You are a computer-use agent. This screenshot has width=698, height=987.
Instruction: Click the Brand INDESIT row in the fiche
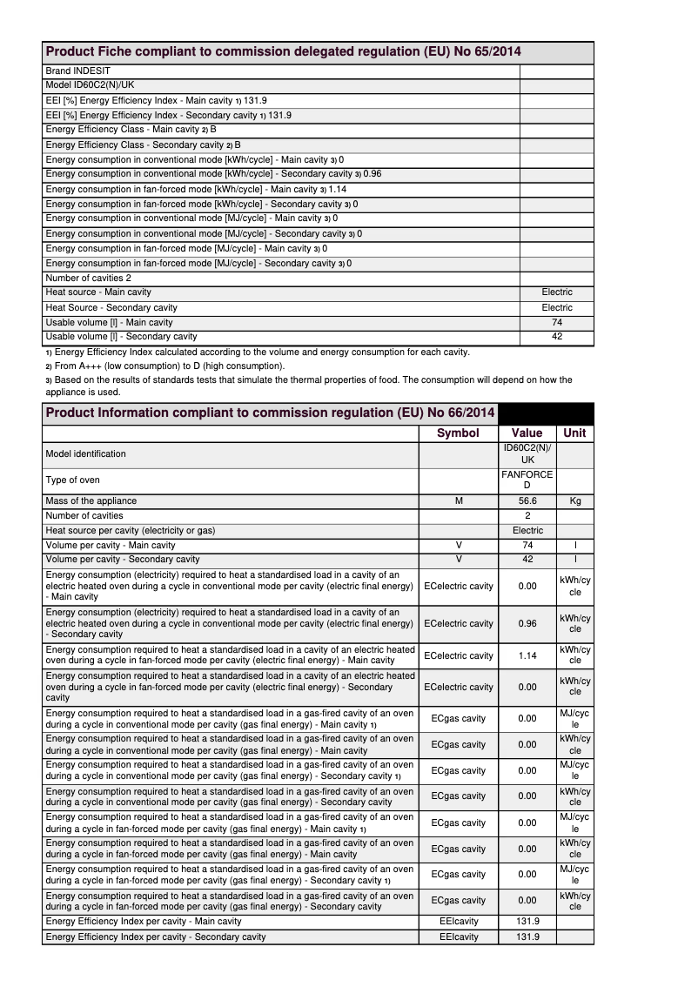[x=78, y=70]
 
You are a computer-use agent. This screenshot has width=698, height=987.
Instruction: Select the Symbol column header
[x=458, y=433]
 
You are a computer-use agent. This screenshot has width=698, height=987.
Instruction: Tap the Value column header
[x=527, y=433]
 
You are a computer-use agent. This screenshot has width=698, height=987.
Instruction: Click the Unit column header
[x=574, y=433]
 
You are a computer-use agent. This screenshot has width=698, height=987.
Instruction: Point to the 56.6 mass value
[x=527, y=501]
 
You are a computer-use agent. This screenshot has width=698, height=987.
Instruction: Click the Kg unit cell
[x=574, y=501]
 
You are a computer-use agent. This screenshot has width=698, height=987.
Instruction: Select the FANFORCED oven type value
[x=527, y=480]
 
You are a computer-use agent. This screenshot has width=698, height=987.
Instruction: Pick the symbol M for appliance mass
[x=458, y=501]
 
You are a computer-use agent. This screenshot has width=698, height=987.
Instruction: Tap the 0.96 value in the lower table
[x=527, y=623]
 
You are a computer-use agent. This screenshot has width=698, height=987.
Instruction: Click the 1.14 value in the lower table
[x=527, y=655]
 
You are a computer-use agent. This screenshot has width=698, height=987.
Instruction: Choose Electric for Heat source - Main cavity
[x=557, y=292]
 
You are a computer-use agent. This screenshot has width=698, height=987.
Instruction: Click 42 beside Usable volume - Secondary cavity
[x=557, y=337]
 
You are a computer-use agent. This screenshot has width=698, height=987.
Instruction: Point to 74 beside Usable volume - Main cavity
[x=557, y=322]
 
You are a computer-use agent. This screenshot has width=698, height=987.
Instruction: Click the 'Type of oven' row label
[x=72, y=480]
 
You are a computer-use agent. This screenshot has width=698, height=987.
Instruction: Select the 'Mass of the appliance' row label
[x=91, y=501]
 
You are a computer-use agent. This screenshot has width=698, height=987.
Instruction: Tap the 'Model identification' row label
[x=85, y=453]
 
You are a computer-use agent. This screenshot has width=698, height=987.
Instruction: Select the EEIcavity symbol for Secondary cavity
[x=459, y=937]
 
